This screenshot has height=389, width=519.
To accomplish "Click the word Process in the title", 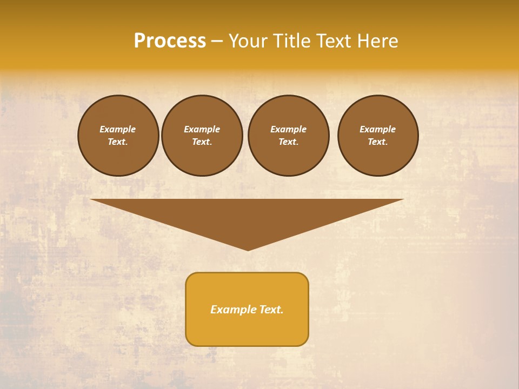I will pos(170,41).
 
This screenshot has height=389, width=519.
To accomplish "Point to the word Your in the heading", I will pos(248,41).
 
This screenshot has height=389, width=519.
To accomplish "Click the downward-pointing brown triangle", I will pos(247,216).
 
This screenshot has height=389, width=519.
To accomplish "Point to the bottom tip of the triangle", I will pos(248,249).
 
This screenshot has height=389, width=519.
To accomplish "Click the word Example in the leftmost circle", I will pos(118,129).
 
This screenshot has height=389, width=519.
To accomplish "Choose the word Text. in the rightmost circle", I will pos(377,142).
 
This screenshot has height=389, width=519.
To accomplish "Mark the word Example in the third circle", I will pos(288,129).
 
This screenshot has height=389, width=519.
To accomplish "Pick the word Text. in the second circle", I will pos(202,142).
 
